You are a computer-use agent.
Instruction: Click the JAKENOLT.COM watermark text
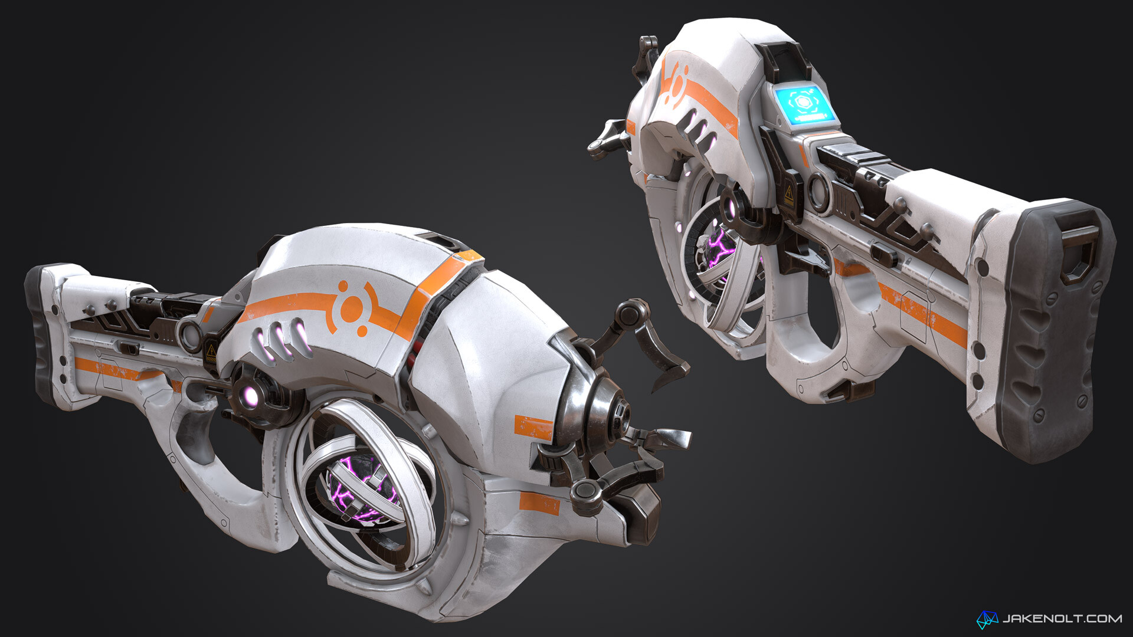[x=1062, y=618]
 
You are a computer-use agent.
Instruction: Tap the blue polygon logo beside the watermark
[x=987, y=619]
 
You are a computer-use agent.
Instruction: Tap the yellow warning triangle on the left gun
[x=211, y=352]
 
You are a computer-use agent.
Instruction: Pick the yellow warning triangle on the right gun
[x=789, y=193]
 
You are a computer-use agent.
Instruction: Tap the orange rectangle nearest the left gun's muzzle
[x=533, y=427]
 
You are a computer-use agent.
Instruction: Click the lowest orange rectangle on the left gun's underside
[x=539, y=503]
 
